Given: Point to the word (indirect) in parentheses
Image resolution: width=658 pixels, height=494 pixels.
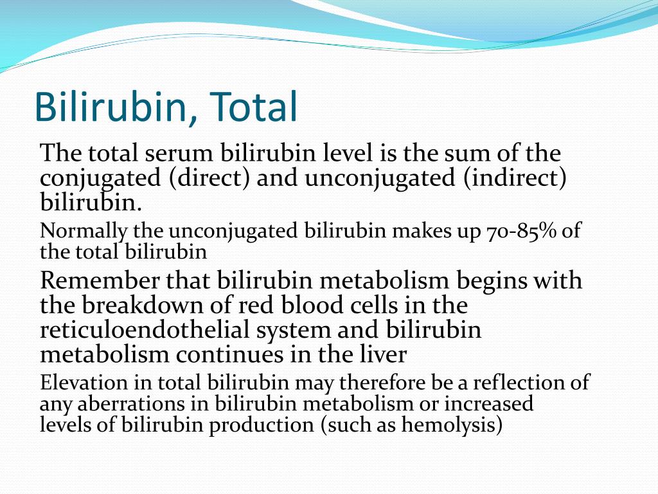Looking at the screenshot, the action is [515, 178].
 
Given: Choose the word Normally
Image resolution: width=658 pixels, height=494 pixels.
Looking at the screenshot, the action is [83, 232].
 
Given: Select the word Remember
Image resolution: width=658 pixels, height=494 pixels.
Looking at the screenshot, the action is [100, 280].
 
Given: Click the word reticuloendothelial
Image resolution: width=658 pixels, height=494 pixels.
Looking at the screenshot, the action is [145, 329].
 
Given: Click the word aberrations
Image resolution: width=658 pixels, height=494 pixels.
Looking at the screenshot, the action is [131, 404].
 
